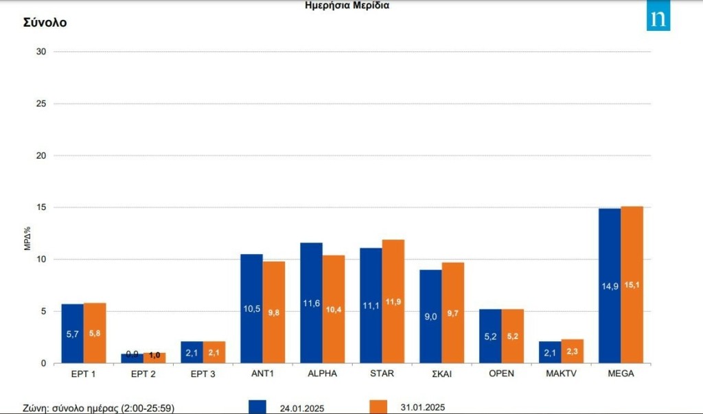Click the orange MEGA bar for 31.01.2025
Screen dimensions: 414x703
coord(632,284)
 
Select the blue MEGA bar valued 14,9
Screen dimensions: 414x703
coord(610,286)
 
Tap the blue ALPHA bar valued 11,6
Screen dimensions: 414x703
coord(311,303)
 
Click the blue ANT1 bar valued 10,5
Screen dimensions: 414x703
coord(251,308)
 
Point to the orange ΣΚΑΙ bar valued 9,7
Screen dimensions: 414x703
coord(453,312)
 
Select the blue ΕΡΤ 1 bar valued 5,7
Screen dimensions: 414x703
coord(72,333)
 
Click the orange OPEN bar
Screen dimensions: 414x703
coord(513,336)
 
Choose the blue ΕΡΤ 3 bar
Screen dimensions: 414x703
coord(192,352)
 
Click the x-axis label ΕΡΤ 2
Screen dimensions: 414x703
coord(143,373)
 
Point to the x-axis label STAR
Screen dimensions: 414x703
coord(382,373)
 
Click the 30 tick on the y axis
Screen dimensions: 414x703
coord(41,51)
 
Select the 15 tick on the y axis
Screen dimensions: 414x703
coord(41,207)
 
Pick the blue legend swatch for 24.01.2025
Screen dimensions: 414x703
coord(257,406)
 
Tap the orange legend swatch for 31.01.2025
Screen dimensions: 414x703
coord(378,406)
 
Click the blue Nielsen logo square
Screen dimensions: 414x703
coord(658,19)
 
